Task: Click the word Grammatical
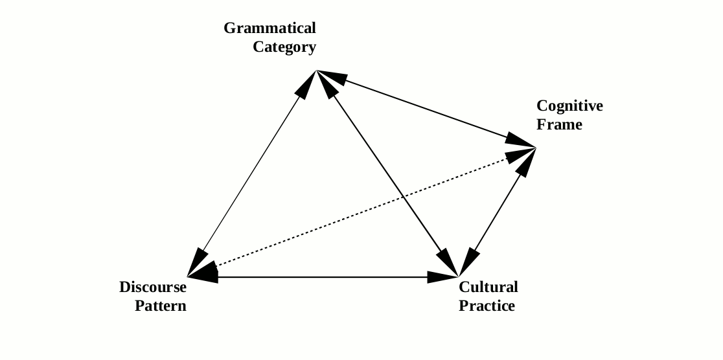tap(270, 28)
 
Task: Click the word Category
tap(284, 47)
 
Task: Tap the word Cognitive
tap(569, 106)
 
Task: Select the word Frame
tap(559, 124)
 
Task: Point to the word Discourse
tap(153, 287)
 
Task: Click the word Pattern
tap(161, 306)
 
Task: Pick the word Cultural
tap(488, 287)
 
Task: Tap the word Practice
tap(487, 306)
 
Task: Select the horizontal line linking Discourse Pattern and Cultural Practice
tap(324, 277)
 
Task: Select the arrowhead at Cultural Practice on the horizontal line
tap(444, 277)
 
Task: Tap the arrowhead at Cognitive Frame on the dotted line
tap(522, 155)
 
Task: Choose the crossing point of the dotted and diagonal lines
tap(402, 197)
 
